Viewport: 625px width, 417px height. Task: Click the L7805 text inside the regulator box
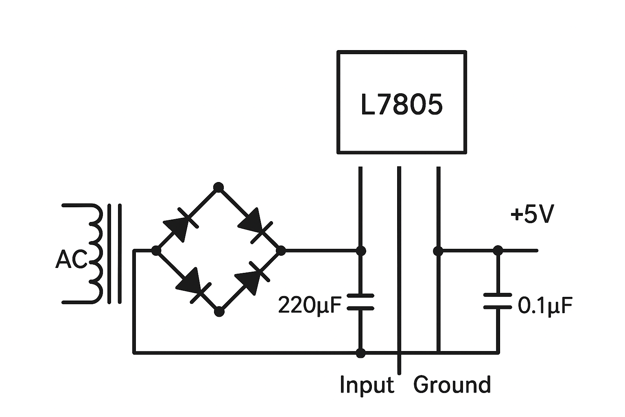click(x=401, y=105)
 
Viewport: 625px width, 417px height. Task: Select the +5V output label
click(x=532, y=215)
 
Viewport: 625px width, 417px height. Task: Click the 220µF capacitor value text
click(x=309, y=305)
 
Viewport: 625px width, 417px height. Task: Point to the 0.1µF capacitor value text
click(x=545, y=305)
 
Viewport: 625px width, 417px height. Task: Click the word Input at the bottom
click(x=367, y=385)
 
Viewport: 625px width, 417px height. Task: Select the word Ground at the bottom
click(x=452, y=385)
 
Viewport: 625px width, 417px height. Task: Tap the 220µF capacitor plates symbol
click(x=360, y=302)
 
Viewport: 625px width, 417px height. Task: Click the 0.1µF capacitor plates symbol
click(x=497, y=301)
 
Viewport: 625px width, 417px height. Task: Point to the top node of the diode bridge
click(x=219, y=187)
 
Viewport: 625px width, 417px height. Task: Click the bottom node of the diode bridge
click(x=219, y=312)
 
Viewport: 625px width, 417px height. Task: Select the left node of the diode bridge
click(x=155, y=250)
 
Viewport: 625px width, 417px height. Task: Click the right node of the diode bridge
click(x=281, y=250)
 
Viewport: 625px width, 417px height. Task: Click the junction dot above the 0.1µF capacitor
click(x=497, y=250)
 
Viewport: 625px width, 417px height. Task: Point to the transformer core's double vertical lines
click(x=114, y=254)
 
